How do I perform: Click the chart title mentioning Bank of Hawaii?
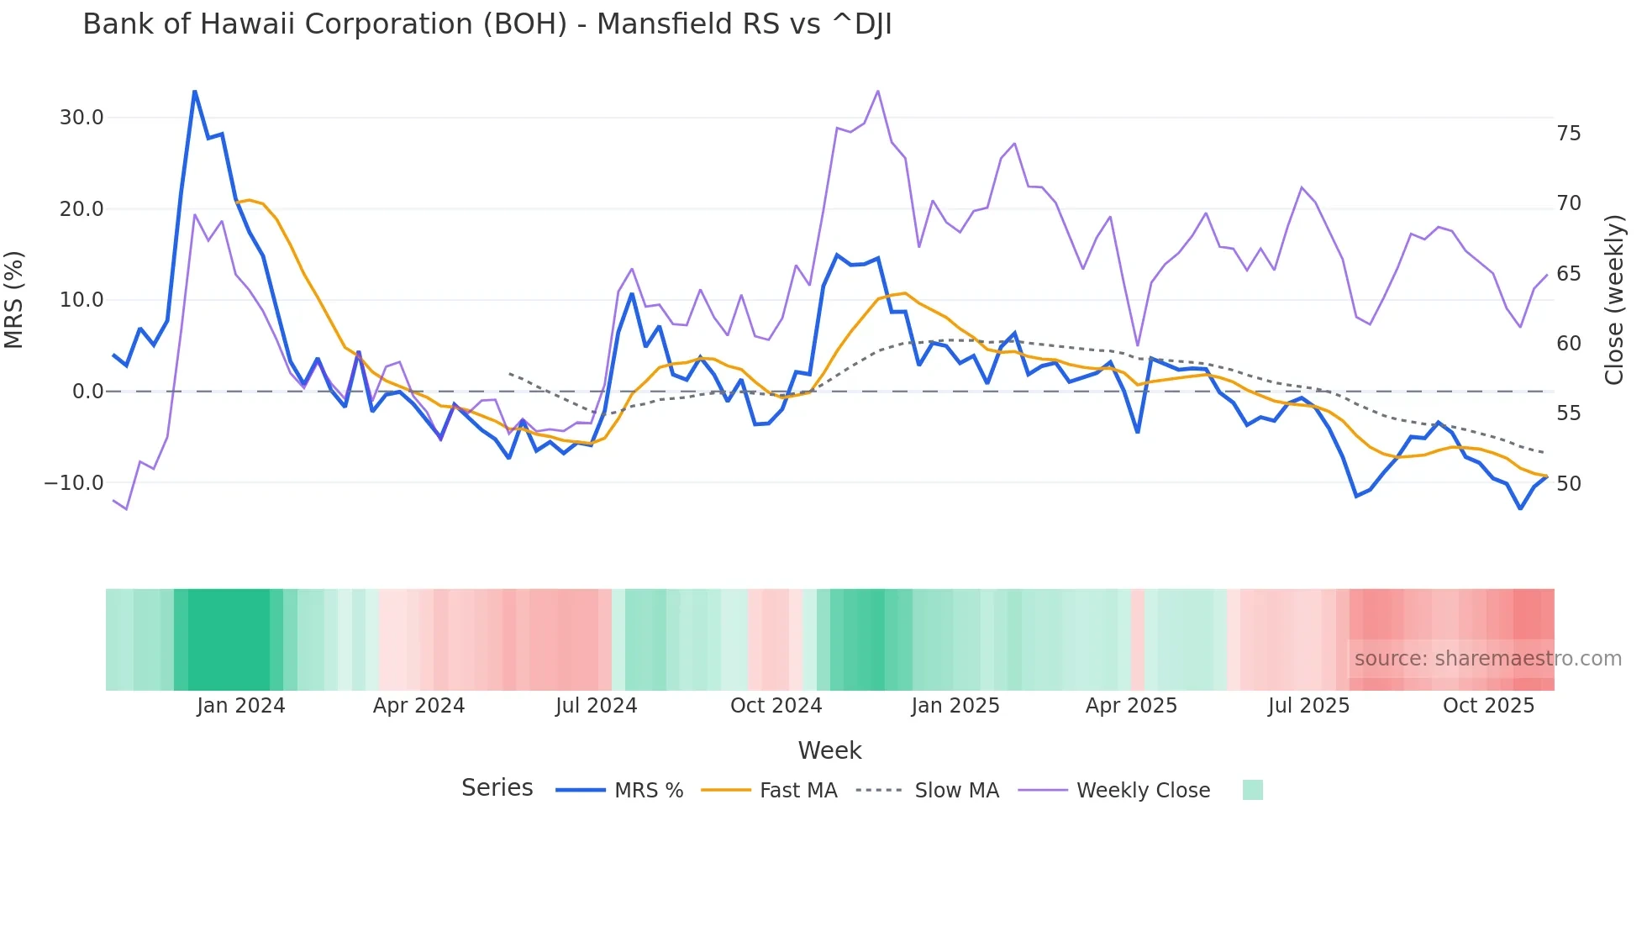pyautogui.click(x=487, y=24)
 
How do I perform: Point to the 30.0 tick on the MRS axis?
pyautogui.click(x=82, y=118)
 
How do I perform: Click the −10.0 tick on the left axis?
pyautogui.click(x=74, y=483)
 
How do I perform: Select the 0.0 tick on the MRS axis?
pyautogui.click(x=87, y=392)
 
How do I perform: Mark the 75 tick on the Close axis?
pyautogui.click(x=1569, y=134)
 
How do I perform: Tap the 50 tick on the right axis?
pyautogui.click(x=1569, y=484)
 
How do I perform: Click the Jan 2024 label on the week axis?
pyautogui.click(x=241, y=706)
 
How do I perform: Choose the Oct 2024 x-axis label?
pyautogui.click(x=776, y=706)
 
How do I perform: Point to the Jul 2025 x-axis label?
pyautogui.click(x=1308, y=706)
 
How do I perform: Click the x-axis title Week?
pyautogui.click(x=829, y=750)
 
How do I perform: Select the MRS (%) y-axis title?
pyautogui.click(x=14, y=300)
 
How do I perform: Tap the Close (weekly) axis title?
pyautogui.click(x=1613, y=300)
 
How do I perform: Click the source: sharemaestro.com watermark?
pyautogui.click(x=1487, y=659)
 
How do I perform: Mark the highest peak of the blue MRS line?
pyautogui.click(x=195, y=91)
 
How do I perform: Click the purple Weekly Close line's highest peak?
pyautogui.click(x=878, y=91)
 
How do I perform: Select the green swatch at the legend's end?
pyautogui.click(x=1252, y=790)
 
